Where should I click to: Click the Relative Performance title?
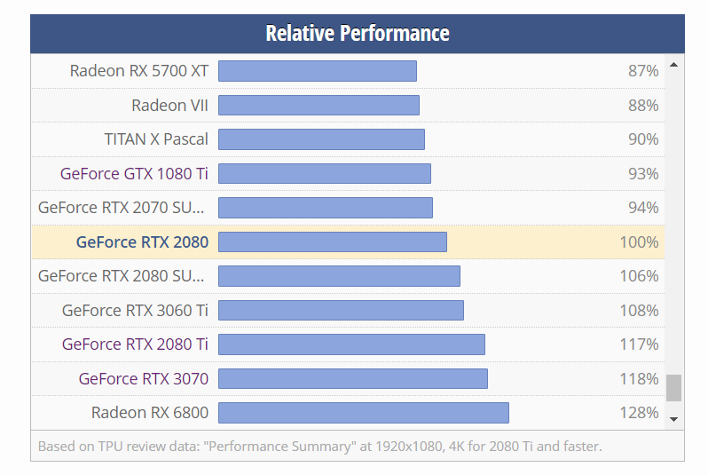click(x=357, y=34)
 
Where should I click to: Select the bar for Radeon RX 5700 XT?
click(x=318, y=71)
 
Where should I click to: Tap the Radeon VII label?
click(x=169, y=105)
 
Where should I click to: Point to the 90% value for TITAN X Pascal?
click(x=642, y=139)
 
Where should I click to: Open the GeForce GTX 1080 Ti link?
click(x=134, y=173)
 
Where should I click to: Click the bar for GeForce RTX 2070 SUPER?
click(x=325, y=208)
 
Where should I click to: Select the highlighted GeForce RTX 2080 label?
click(x=142, y=241)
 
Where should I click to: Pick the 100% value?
click(x=639, y=241)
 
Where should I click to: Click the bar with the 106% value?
click(x=339, y=276)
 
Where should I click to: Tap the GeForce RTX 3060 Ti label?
click(x=135, y=310)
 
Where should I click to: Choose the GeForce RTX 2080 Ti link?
click(x=135, y=344)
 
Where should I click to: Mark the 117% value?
click(x=639, y=344)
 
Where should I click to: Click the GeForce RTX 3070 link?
click(x=143, y=378)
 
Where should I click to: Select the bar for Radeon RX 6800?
click(x=363, y=413)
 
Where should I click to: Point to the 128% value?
click(x=639, y=413)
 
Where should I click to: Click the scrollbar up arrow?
click(x=674, y=65)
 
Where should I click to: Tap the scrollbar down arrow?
click(x=674, y=418)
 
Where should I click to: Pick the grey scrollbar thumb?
click(x=674, y=387)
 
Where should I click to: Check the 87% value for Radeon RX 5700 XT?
click(x=642, y=71)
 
